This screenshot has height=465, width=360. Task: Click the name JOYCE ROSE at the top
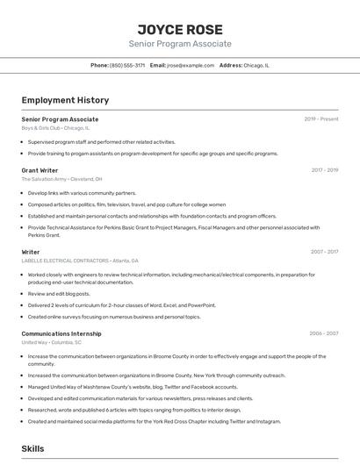click(x=180, y=29)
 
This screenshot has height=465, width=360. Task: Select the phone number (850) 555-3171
click(x=127, y=65)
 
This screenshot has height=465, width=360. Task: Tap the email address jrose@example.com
click(x=191, y=65)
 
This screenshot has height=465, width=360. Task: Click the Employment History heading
click(x=65, y=100)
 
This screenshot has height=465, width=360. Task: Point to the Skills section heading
click(x=32, y=448)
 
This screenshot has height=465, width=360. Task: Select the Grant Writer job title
click(x=40, y=170)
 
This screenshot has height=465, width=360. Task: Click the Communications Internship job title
click(x=61, y=333)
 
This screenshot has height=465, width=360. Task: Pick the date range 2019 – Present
click(x=321, y=119)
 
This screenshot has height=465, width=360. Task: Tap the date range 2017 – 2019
click(x=325, y=170)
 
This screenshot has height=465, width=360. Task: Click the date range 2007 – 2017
click(x=325, y=252)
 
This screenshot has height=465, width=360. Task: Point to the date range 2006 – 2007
click(x=325, y=333)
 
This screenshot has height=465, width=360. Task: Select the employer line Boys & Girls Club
click(x=54, y=128)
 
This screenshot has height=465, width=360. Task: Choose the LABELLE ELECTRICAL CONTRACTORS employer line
click(x=79, y=261)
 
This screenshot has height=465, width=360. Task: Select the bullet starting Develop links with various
click(x=82, y=193)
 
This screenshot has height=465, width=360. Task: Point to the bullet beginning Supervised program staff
click(x=101, y=141)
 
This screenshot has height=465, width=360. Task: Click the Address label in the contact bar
click(x=231, y=65)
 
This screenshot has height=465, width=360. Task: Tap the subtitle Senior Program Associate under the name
click(x=180, y=44)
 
